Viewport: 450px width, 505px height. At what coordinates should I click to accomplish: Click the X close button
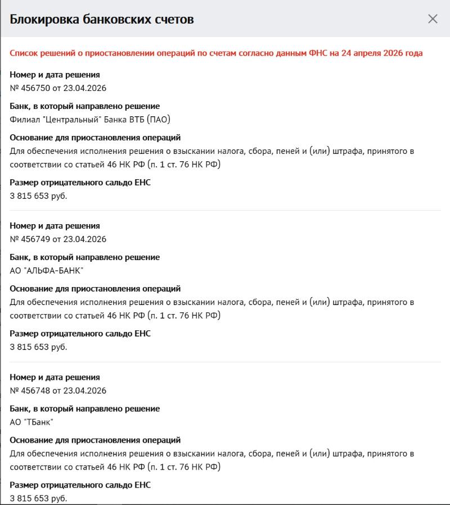(x=433, y=19)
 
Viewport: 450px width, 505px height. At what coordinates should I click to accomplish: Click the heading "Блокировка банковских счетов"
(x=102, y=19)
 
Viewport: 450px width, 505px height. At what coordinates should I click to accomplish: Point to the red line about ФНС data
(x=216, y=53)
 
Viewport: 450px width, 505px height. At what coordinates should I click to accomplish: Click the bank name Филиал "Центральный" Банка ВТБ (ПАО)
(x=90, y=120)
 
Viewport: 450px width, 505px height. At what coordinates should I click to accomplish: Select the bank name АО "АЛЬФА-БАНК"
(x=47, y=271)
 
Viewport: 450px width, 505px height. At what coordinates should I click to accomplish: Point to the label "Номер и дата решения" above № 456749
(x=55, y=226)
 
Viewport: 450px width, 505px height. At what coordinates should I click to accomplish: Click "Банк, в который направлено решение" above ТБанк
(x=84, y=409)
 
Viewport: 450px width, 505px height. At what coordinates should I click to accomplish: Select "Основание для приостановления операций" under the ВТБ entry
(x=95, y=138)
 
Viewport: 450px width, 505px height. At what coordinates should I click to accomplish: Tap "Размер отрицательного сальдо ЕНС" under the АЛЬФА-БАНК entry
(x=80, y=334)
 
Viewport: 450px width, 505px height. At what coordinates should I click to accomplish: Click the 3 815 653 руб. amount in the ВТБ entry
(x=38, y=196)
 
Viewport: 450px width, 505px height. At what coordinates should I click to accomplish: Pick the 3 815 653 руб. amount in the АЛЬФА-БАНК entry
(x=38, y=347)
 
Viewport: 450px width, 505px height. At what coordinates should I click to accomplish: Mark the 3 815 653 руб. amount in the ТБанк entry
(x=38, y=498)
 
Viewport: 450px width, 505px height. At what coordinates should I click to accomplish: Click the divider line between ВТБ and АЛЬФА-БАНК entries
(x=225, y=211)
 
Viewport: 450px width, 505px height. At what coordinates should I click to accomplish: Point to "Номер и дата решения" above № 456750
(x=55, y=75)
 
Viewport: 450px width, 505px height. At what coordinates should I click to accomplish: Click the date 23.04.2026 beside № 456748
(x=85, y=391)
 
